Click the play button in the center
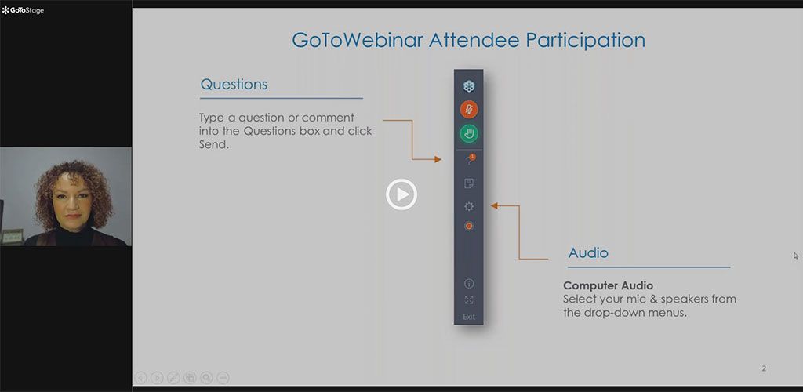tap(401, 194)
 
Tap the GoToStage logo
tap(23, 10)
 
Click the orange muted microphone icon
tap(469, 110)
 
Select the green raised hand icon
tap(469, 134)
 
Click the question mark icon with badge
tap(469, 160)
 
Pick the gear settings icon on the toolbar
tap(469, 206)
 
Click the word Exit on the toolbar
tap(469, 317)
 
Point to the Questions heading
tap(234, 85)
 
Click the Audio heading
tap(588, 252)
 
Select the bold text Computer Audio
tap(608, 285)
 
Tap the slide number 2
tap(764, 368)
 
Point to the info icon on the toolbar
tap(469, 284)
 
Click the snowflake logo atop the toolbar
tap(469, 86)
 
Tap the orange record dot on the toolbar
tap(469, 226)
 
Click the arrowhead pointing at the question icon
tap(438, 159)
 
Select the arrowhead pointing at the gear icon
tap(495, 205)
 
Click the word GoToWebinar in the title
tap(357, 41)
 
